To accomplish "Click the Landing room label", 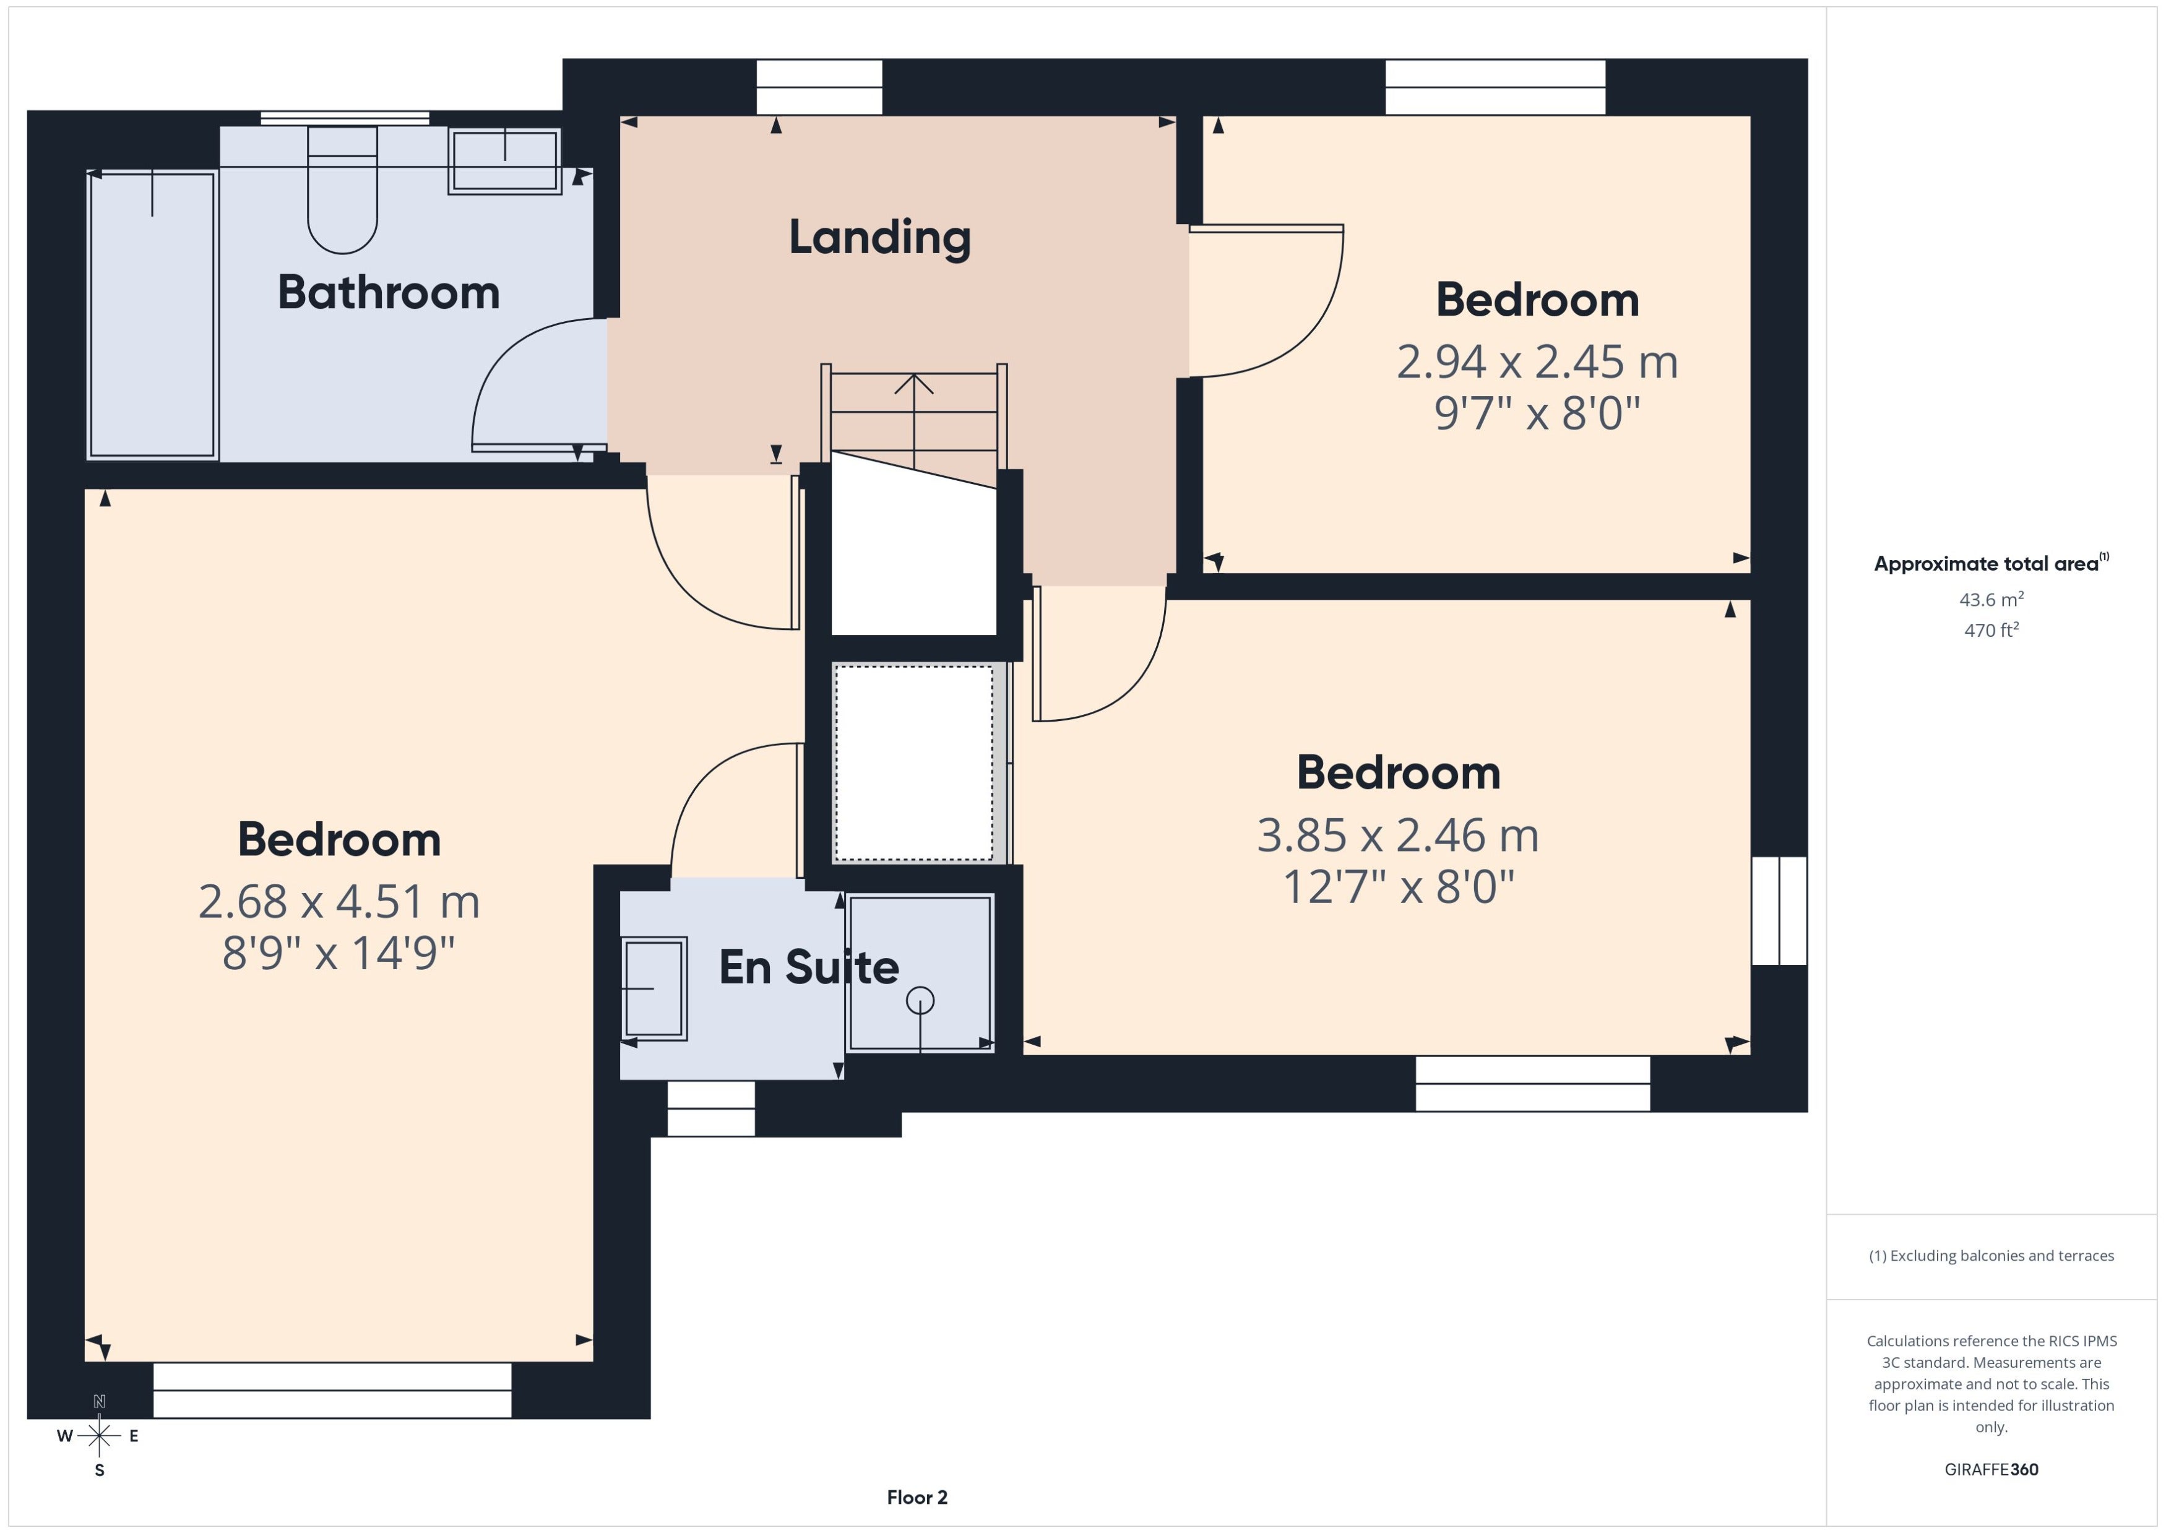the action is (879, 238).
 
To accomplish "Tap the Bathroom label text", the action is (389, 293).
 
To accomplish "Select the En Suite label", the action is (809, 967).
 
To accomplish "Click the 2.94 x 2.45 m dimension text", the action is (1537, 361).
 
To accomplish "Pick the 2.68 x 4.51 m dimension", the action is (339, 902).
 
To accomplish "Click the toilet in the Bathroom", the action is (343, 190).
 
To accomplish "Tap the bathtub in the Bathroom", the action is (152, 315).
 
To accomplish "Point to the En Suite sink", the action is (654, 988).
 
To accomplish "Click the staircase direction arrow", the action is (913, 421).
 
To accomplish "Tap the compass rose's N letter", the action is (99, 1402).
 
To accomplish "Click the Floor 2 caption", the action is (917, 1497).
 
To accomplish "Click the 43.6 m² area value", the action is (1991, 600).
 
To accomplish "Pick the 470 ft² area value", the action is (1991, 629).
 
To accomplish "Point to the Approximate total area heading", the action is (1991, 564).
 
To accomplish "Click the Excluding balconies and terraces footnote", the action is (1991, 1256).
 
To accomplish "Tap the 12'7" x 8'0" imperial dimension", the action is (1399, 887).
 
